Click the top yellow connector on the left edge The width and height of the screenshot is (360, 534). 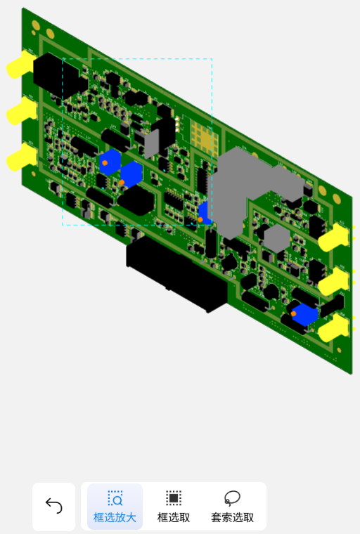coord(20,65)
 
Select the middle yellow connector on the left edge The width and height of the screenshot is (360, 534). coord(21,111)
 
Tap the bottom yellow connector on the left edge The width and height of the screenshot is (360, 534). coord(21,157)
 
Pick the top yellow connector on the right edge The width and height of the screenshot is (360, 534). coord(335,237)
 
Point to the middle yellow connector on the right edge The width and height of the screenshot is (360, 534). coord(335,281)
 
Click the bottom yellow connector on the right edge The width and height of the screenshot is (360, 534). coord(335,327)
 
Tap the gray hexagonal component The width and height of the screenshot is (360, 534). coord(276,238)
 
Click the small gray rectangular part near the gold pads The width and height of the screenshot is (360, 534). coord(151,144)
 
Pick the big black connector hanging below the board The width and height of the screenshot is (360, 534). coord(176,273)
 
